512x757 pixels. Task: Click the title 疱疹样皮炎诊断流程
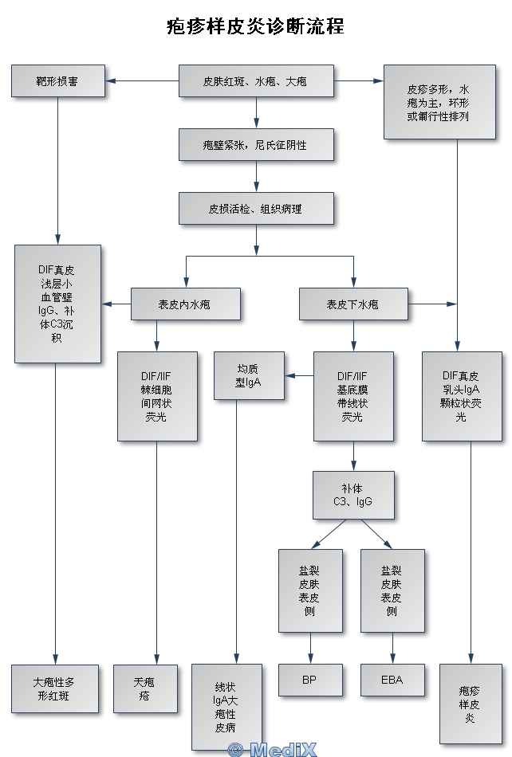(255, 26)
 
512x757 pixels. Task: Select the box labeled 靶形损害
(58, 81)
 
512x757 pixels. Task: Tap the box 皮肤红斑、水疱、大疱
(255, 81)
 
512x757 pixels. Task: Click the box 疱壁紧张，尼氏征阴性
(255, 145)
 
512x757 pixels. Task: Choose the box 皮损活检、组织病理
(255, 209)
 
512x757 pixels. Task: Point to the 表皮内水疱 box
(185, 304)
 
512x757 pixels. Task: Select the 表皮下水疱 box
(352, 304)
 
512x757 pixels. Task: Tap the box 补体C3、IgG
(352, 496)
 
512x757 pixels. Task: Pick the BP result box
(309, 680)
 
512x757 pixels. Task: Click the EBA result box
(392, 680)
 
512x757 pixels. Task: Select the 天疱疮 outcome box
(144, 688)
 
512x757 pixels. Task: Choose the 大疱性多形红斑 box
(58, 688)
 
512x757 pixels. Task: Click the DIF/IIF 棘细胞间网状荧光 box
(156, 396)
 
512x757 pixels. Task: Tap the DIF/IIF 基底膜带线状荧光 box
(352, 396)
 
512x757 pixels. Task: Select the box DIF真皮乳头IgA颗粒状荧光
(461, 396)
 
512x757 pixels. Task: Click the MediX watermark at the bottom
(272, 749)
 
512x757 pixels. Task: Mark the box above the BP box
(309, 590)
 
